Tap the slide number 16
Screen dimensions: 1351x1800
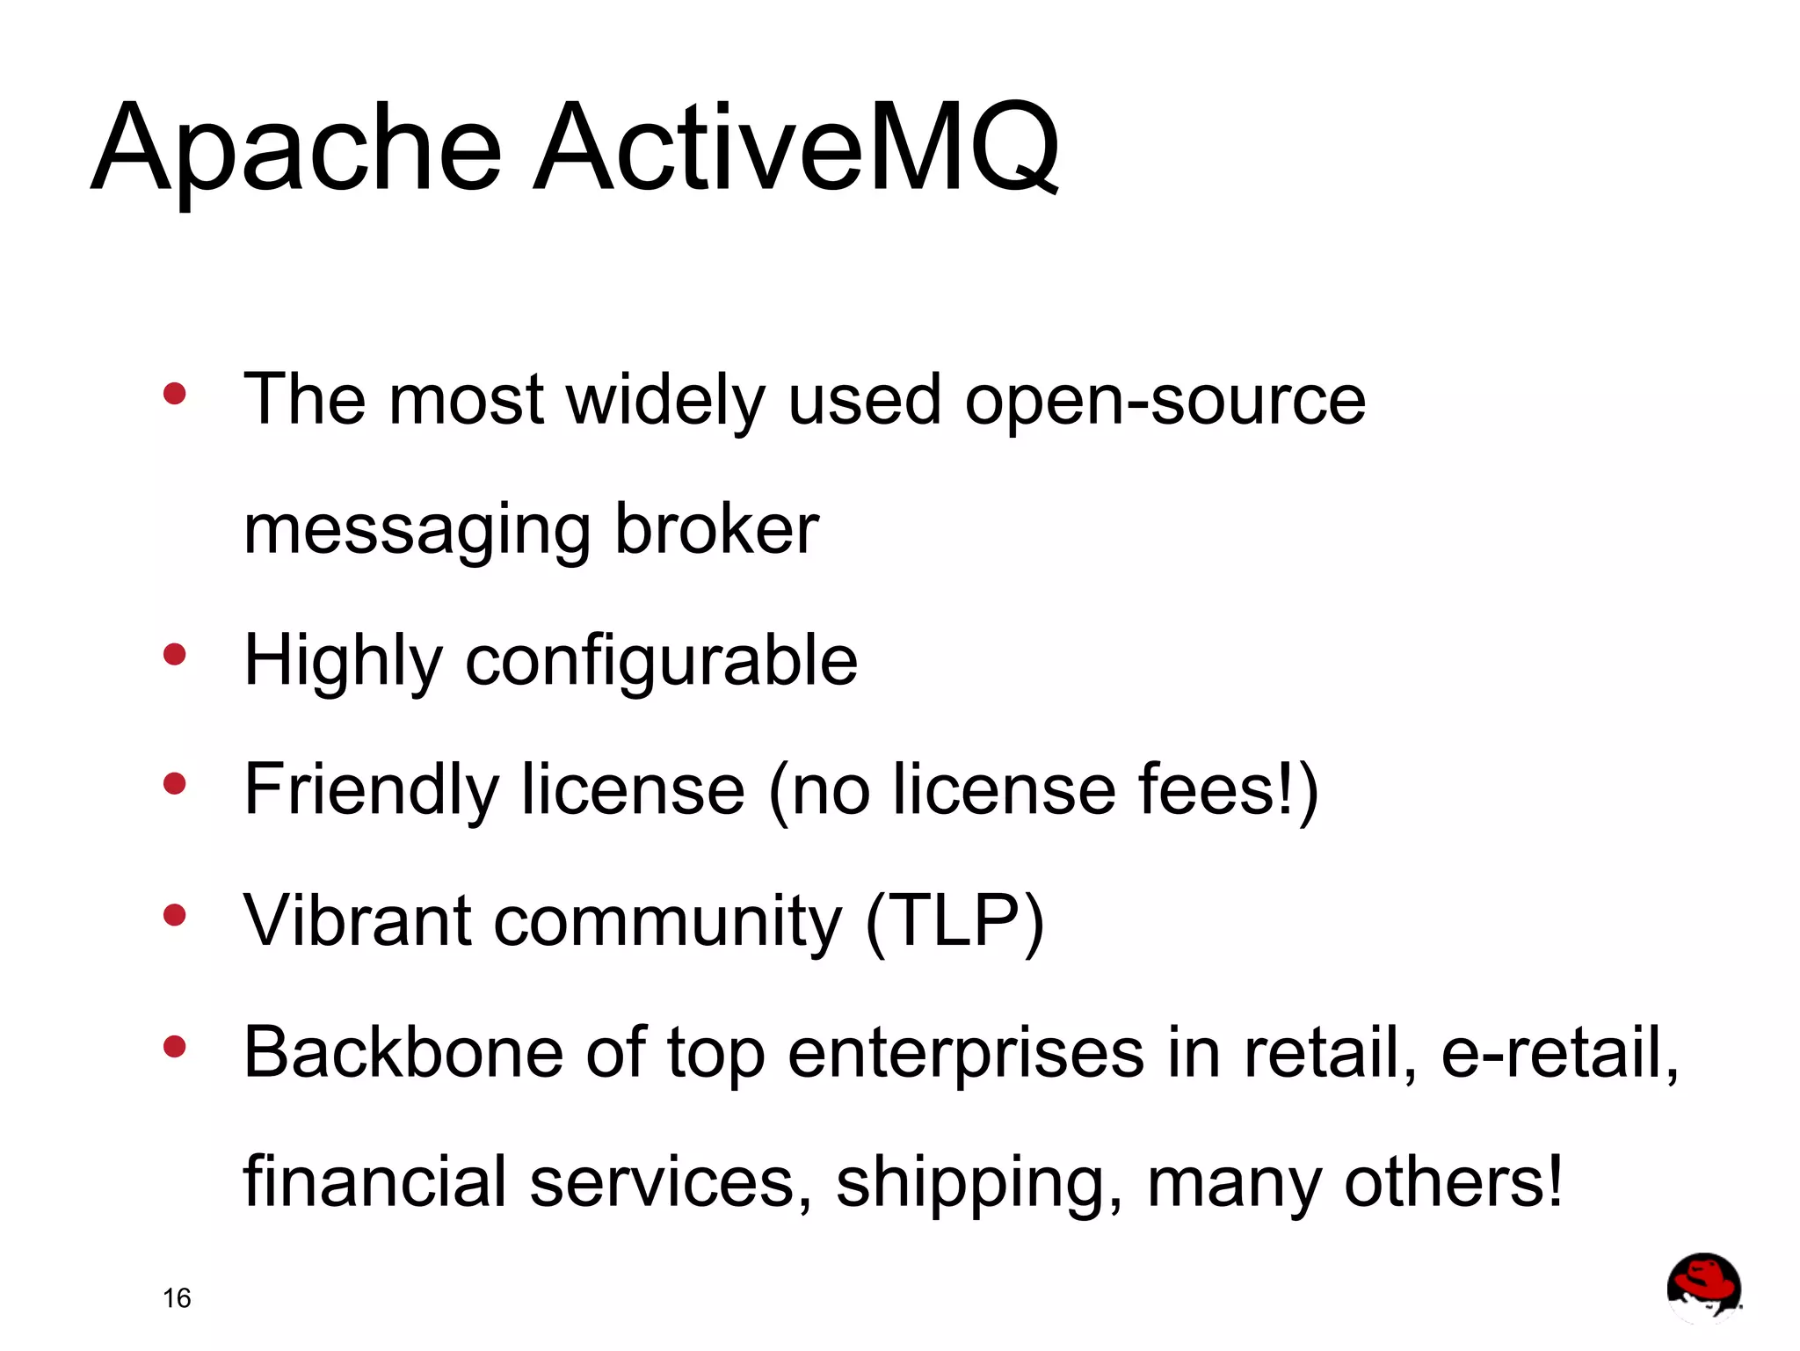pyautogui.click(x=177, y=1297)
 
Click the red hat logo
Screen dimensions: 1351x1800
pyautogui.click(x=1703, y=1287)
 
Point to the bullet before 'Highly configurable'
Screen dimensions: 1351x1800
pyautogui.click(x=175, y=655)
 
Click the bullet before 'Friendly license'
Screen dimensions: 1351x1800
pyautogui.click(x=175, y=783)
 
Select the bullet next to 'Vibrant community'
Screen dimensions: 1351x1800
pyautogui.click(x=175, y=916)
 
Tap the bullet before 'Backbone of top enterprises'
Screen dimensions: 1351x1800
pyautogui.click(x=175, y=1046)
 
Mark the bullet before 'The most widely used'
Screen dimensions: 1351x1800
pyautogui.click(x=175, y=393)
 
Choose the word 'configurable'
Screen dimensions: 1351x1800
pyautogui.click(x=661, y=661)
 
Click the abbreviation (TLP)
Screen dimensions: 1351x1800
pyautogui.click(x=955, y=921)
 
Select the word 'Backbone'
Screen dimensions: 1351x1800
pyautogui.click(x=403, y=1052)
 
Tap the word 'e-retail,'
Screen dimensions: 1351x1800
pyautogui.click(x=1560, y=1052)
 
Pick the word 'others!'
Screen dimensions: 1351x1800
pyautogui.click(x=1454, y=1182)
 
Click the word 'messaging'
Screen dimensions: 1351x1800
pyautogui.click(x=417, y=531)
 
